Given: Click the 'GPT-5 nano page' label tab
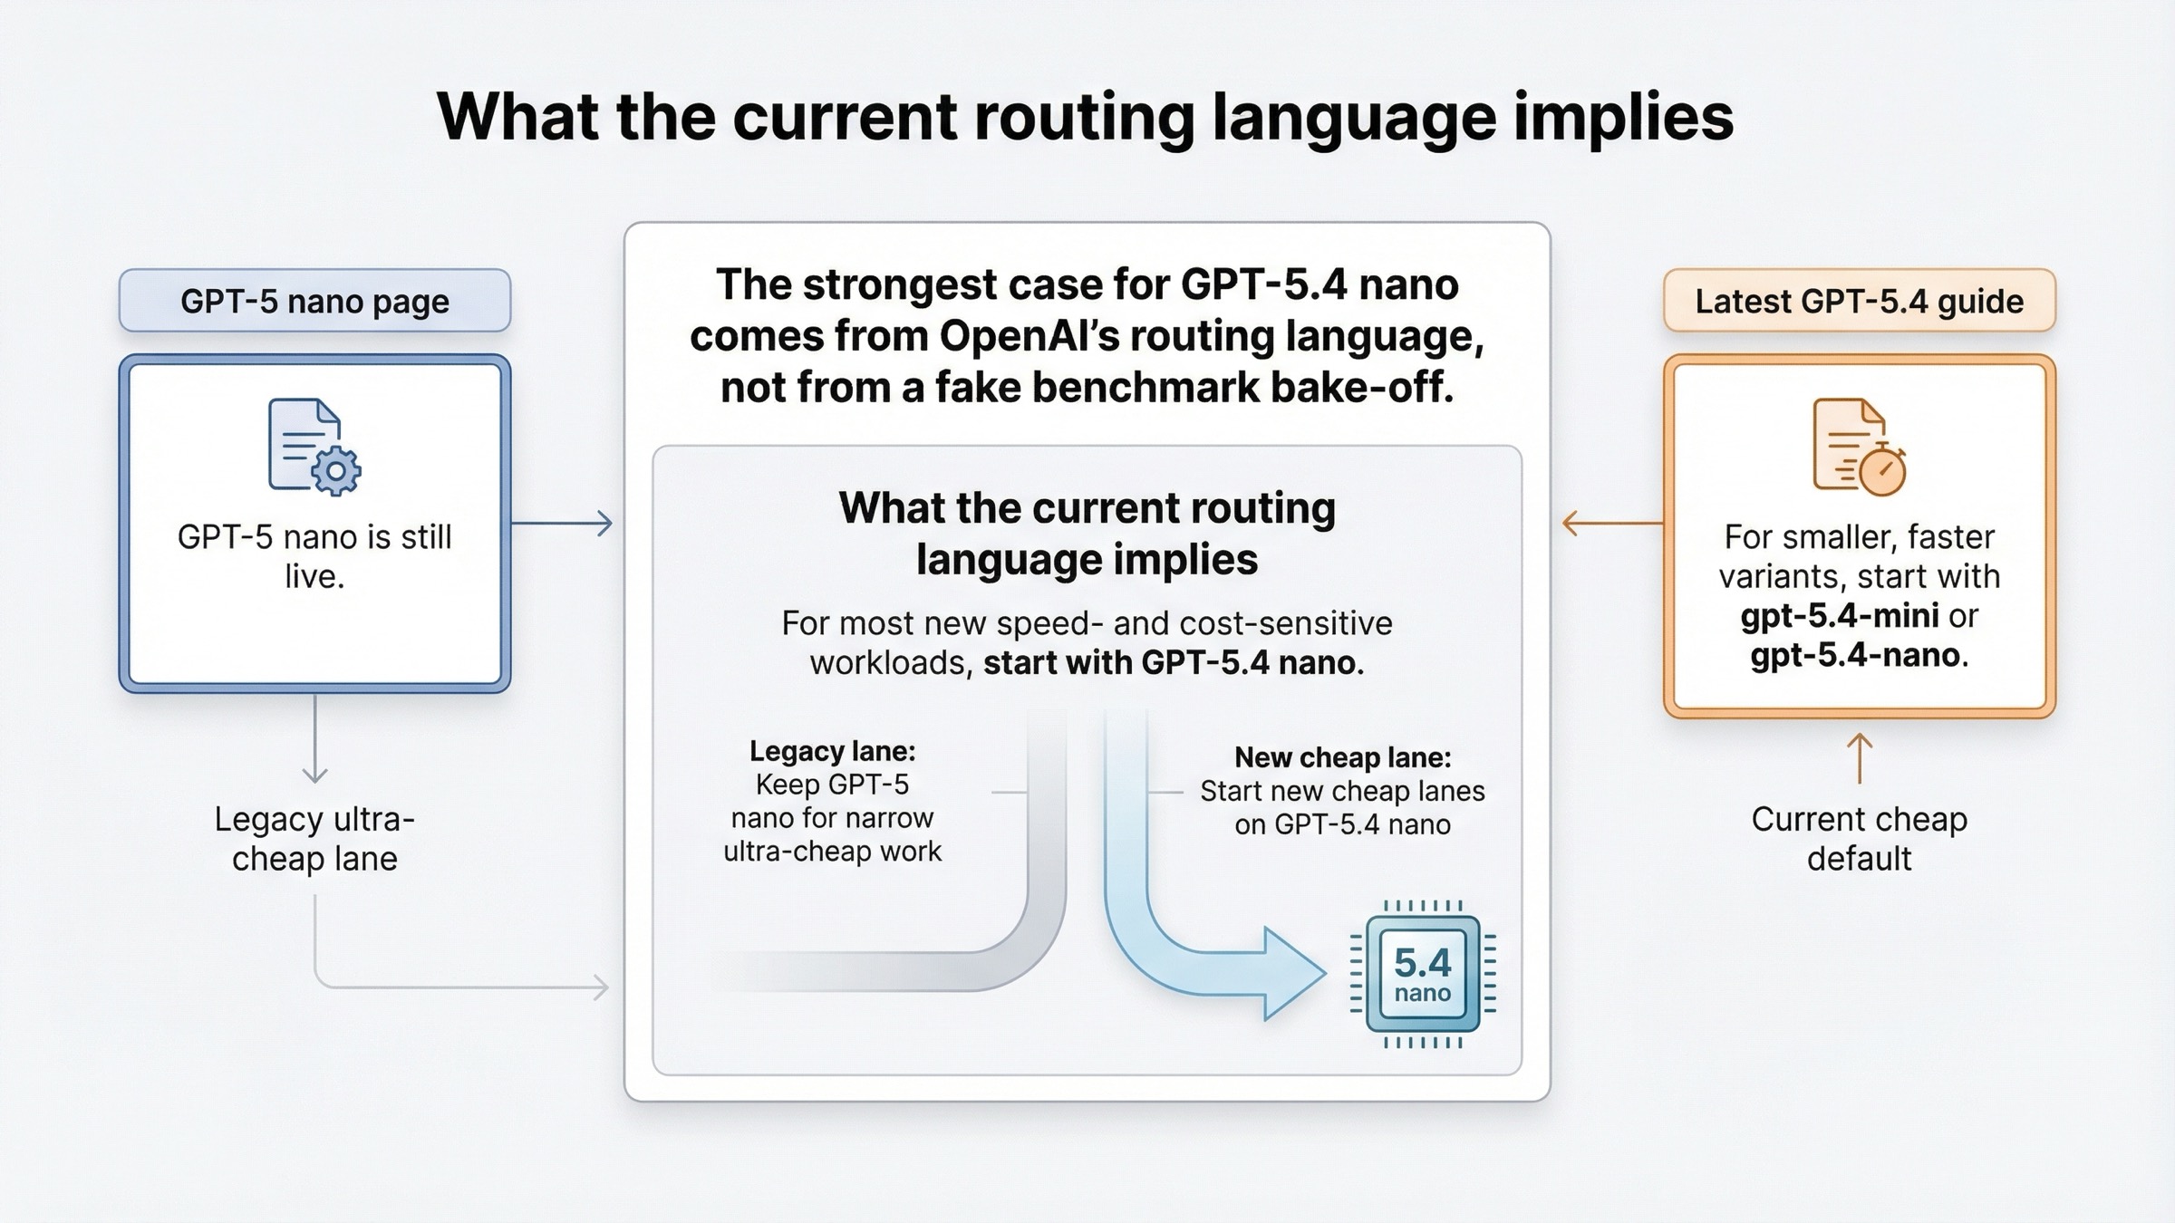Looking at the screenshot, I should [x=314, y=301].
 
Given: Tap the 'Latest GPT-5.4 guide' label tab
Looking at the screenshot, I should [x=1859, y=301].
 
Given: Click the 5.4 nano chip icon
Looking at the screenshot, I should [x=1422, y=974].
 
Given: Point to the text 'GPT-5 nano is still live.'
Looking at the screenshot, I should [x=314, y=556].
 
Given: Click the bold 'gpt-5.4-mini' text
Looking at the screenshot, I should [x=1839, y=616].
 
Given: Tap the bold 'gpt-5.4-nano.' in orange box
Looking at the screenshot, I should [x=1859, y=655].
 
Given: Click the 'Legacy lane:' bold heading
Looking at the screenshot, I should [x=832, y=751].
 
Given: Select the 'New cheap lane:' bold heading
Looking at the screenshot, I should [x=1342, y=757].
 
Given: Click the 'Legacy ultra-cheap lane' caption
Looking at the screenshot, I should [x=314, y=838].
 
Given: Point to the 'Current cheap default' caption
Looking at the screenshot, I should [x=1859, y=838].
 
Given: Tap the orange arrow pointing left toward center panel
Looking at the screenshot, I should [x=1611, y=523].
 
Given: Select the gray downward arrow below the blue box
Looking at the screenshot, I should [x=314, y=739].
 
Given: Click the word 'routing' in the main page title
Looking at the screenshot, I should [x=1086, y=118].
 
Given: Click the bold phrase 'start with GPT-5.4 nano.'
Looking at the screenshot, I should [x=1174, y=663].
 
